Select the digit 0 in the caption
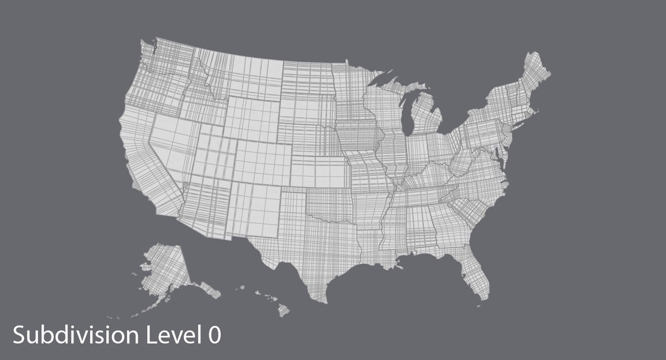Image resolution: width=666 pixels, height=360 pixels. (215, 336)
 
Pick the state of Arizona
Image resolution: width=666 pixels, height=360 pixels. (205, 208)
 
